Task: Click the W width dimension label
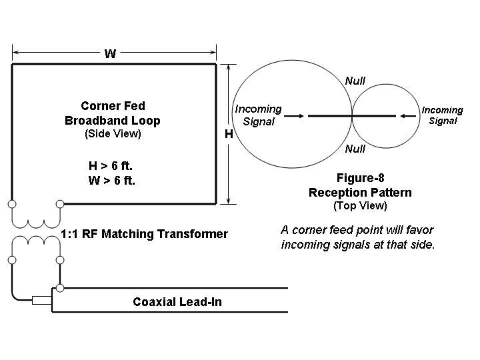(110, 54)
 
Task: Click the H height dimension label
(228, 134)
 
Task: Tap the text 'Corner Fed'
(113, 106)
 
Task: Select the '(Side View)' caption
(113, 134)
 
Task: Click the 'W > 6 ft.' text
(112, 180)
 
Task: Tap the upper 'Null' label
(355, 81)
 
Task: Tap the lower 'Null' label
(355, 149)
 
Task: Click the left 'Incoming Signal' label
(259, 115)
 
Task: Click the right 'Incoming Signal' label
(442, 115)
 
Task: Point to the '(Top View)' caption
(360, 205)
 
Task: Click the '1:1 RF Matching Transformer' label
(144, 234)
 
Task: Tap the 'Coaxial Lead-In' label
(177, 302)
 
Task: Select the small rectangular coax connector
(42, 300)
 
